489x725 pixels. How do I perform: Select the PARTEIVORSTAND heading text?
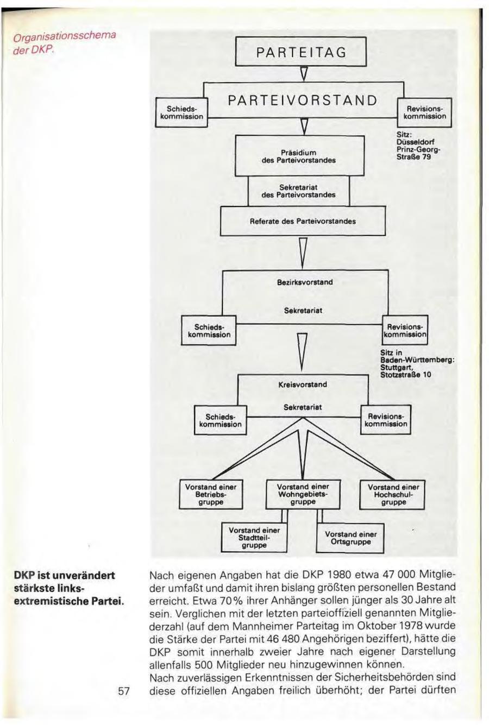click(302, 100)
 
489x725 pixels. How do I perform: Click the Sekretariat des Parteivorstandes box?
click(298, 191)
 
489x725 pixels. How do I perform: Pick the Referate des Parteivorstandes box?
click(303, 221)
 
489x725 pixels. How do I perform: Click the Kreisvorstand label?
click(303, 384)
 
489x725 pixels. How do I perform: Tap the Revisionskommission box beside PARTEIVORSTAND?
click(425, 112)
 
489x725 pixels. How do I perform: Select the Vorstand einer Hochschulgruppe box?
click(393, 494)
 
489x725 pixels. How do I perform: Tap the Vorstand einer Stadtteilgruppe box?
click(254, 537)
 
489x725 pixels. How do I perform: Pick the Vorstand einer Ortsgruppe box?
click(350, 538)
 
